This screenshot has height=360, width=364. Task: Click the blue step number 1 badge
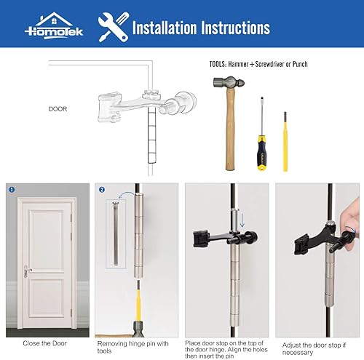[12, 191]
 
